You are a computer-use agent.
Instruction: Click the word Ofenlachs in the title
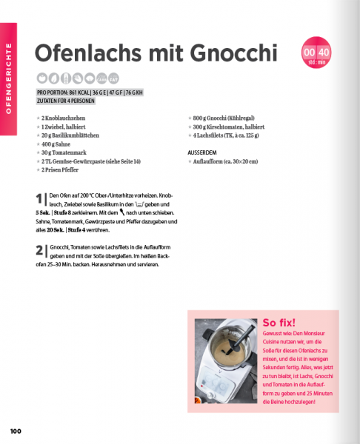tap(86, 54)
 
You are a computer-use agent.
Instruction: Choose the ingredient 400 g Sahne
tap(58, 144)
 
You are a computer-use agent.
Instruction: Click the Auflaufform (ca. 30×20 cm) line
tap(227, 161)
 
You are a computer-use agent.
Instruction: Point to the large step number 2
tap(39, 251)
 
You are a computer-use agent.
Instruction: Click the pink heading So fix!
tap(279, 322)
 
